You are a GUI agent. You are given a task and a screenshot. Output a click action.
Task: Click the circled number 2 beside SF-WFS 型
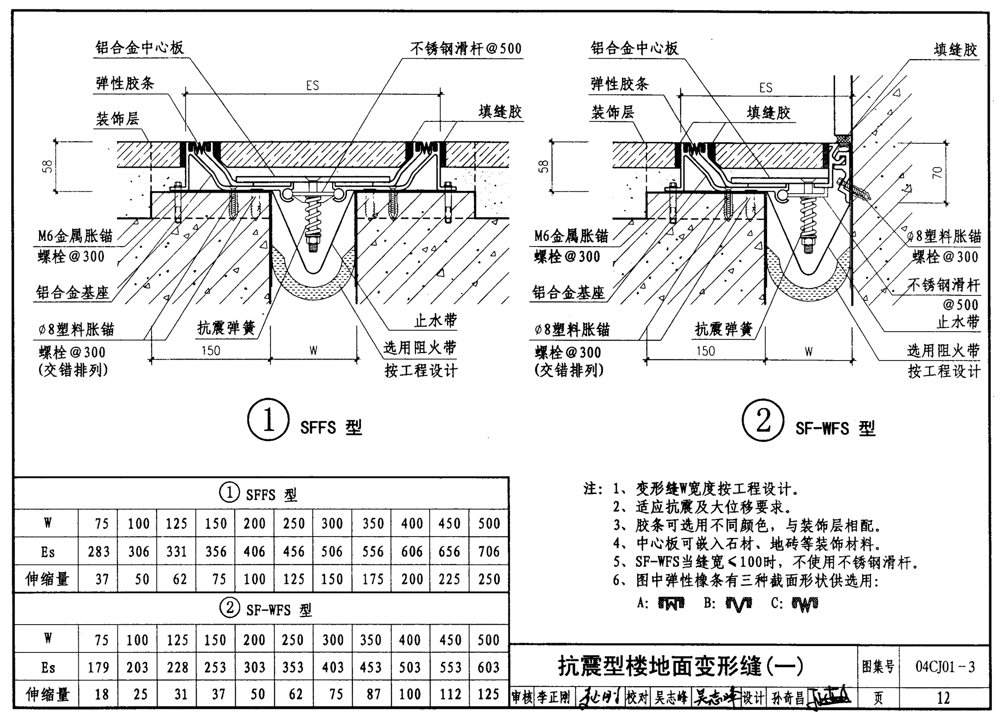coord(763,421)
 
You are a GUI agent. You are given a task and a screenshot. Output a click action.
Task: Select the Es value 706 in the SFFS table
coord(489,551)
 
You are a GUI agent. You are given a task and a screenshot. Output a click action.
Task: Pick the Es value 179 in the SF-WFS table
coord(98,668)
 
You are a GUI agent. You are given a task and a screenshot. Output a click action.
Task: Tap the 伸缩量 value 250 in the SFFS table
coord(489,579)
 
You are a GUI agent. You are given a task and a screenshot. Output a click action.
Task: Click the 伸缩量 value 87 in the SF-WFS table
coord(373,695)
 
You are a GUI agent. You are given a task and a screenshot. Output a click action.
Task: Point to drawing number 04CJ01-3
coord(945,667)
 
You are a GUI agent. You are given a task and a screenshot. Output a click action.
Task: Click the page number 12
coord(943,697)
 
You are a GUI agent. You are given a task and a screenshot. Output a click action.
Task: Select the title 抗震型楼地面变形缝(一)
coord(681,666)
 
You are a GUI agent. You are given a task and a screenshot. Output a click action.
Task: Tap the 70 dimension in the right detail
coord(937,173)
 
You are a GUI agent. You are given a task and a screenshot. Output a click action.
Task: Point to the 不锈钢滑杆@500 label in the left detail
coord(465,48)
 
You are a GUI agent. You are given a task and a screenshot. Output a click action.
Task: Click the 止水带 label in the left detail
coord(435,321)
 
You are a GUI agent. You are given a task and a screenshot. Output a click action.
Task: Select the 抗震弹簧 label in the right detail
coord(724,330)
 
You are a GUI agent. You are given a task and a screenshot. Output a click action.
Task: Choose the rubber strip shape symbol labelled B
coord(739,605)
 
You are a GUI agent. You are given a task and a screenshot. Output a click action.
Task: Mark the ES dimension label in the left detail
coord(313,86)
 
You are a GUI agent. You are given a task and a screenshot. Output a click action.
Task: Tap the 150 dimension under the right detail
coord(706,351)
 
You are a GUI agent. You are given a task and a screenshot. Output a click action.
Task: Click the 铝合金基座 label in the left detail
coord(72,293)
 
